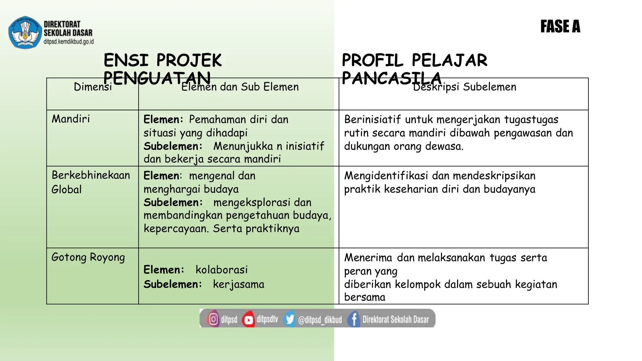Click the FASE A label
(x=560, y=26)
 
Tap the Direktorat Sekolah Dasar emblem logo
(x=25, y=33)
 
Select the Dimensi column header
(x=92, y=87)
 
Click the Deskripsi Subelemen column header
(x=464, y=87)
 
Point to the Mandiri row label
(x=71, y=119)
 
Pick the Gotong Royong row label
(x=88, y=257)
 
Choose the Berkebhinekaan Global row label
(x=91, y=182)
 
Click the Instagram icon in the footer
(x=213, y=319)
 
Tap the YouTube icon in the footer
(x=249, y=319)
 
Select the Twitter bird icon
(x=290, y=319)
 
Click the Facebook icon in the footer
(x=354, y=319)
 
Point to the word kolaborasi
(x=221, y=270)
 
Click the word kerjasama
(x=239, y=284)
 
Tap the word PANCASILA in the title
(x=392, y=78)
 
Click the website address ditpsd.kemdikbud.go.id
(x=69, y=41)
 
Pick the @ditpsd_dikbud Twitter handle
(x=320, y=320)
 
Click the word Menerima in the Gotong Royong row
(x=368, y=258)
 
